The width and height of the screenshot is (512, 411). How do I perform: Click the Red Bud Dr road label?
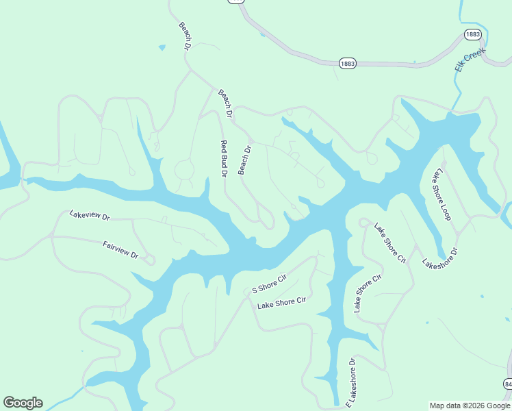click(223, 159)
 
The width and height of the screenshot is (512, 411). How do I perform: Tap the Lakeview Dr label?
click(90, 215)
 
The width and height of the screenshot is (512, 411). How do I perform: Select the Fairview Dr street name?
click(120, 249)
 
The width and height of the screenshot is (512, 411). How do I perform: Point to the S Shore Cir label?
click(268, 282)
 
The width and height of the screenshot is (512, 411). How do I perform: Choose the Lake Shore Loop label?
click(440, 194)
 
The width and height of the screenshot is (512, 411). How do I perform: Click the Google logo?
click(23, 403)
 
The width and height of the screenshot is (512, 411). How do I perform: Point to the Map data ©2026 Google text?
click(469, 406)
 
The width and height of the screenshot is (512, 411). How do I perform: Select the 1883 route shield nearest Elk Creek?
click(472, 34)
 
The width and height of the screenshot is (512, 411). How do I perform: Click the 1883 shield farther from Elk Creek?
click(348, 63)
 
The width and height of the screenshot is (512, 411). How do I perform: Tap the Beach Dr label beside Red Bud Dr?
click(245, 160)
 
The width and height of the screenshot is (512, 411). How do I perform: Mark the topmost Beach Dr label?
click(184, 36)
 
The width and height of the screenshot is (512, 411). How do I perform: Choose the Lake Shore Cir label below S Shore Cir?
click(281, 303)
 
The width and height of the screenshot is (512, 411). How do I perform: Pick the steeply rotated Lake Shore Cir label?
click(367, 294)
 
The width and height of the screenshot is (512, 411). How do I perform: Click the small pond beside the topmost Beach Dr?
click(162, 48)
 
